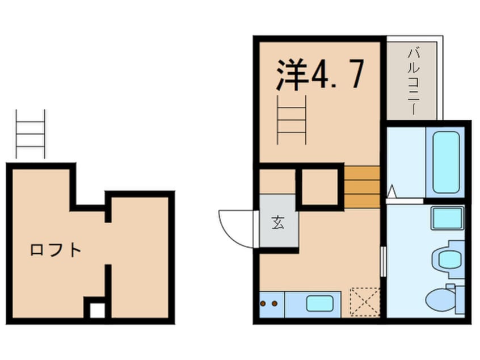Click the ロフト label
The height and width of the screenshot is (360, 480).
click(56, 249)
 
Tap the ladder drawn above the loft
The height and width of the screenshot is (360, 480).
click(30, 134)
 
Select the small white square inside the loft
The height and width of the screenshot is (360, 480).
click(97, 310)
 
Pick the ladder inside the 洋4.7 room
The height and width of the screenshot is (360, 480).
click(292, 119)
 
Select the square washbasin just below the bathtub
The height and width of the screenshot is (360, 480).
click(447, 218)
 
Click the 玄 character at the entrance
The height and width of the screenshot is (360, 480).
click(278, 223)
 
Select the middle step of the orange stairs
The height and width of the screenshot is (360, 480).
click(362, 186)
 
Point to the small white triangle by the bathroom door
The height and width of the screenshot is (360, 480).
click(391, 192)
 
